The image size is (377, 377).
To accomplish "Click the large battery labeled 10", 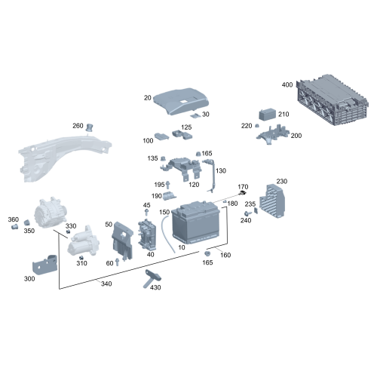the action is tap(195, 222).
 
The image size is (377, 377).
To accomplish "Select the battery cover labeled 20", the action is tap(180, 101).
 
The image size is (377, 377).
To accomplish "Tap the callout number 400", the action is tap(287, 84).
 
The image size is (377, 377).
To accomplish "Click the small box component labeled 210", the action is tap(268, 115).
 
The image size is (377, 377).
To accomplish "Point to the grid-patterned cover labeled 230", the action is tap(272, 201).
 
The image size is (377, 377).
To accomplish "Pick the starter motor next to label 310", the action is tap(83, 241).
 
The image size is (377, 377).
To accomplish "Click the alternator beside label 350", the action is tap(51, 213).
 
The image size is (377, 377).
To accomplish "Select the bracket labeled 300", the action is tap(44, 265).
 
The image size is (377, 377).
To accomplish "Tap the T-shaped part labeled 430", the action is tap(152, 278).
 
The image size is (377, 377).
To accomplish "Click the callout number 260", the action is tap(78, 126).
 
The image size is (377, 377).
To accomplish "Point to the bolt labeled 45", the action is tap(146, 213).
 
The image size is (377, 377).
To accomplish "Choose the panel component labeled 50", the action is tap(122, 241).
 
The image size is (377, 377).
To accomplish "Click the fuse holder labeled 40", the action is tap(147, 234).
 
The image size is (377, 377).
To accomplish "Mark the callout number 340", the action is tap(106, 284).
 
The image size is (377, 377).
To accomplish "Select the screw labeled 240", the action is tap(248, 213).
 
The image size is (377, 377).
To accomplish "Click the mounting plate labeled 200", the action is tap(273, 134).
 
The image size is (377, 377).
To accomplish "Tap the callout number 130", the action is tap(221, 171).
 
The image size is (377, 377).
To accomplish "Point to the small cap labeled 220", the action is tap(257, 125).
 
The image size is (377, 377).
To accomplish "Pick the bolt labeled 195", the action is tap(168, 185).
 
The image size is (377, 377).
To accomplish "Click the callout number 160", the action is tap(225, 255).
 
